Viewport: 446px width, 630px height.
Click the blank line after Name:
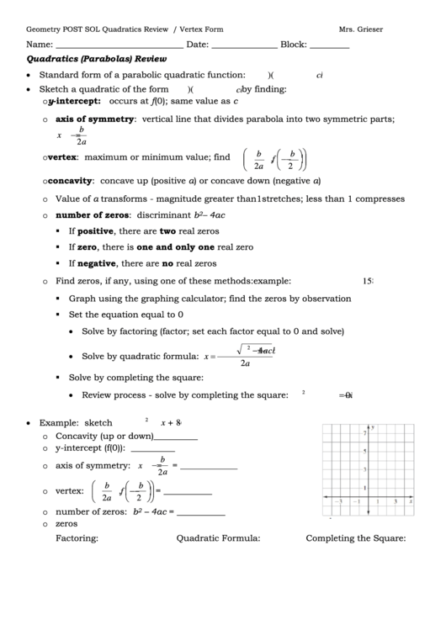click(x=119, y=47)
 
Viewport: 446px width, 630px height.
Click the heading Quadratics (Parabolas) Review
click(x=97, y=60)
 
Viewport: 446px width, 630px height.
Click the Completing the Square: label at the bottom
click(x=356, y=539)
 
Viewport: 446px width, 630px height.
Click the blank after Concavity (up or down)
click(x=176, y=438)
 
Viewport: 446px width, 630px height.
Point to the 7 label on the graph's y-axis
click(x=364, y=433)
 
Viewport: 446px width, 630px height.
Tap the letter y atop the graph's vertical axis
click(x=372, y=426)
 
